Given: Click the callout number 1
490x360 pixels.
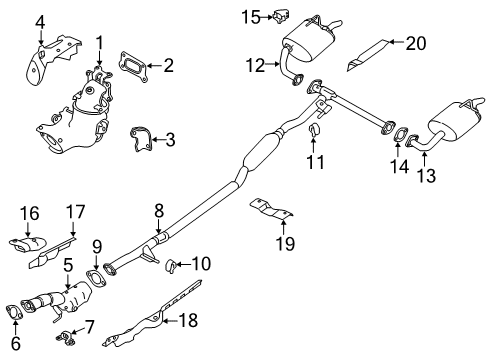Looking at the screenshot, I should click(x=100, y=42).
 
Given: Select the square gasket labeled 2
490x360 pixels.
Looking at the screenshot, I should click(x=133, y=68).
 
